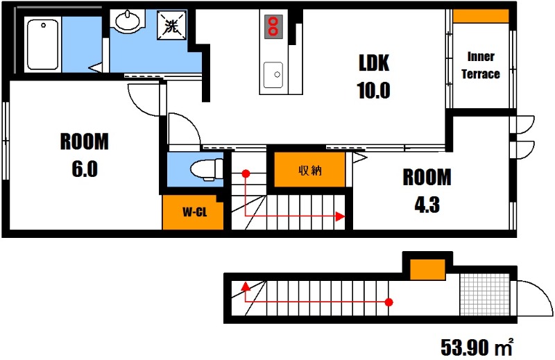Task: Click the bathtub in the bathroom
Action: [42, 44]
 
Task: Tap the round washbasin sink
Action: [128, 21]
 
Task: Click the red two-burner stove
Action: [273, 26]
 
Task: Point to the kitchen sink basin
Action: [273, 75]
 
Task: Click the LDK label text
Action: [374, 63]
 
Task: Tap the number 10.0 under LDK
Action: [374, 90]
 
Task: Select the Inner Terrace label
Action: [481, 65]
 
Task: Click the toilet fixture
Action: [207, 169]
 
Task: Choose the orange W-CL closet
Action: [193, 212]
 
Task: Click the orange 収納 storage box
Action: [309, 170]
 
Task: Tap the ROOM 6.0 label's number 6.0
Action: [85, 169]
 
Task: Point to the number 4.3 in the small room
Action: [427, 205]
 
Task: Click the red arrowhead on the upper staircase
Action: [340, 216]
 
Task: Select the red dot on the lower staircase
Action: [388, 302]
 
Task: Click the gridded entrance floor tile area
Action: [485, 295]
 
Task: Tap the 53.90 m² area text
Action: [477, 347]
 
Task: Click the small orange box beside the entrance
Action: [427, 269]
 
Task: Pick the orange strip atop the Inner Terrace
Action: [481, 16]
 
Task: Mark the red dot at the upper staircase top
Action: [246, 173]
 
